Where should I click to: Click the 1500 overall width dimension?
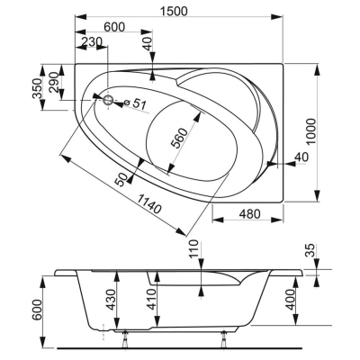click(174, 11)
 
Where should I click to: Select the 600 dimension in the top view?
click(114, 27)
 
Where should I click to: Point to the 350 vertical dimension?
click(37, 88)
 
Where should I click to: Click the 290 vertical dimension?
click(53, 82)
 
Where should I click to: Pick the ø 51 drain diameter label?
click(135, 103)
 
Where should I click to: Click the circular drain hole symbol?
click(108, 100)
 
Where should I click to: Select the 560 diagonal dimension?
click(179, 138)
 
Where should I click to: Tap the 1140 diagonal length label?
click(149, 203)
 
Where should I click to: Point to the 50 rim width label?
click(121, 180)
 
